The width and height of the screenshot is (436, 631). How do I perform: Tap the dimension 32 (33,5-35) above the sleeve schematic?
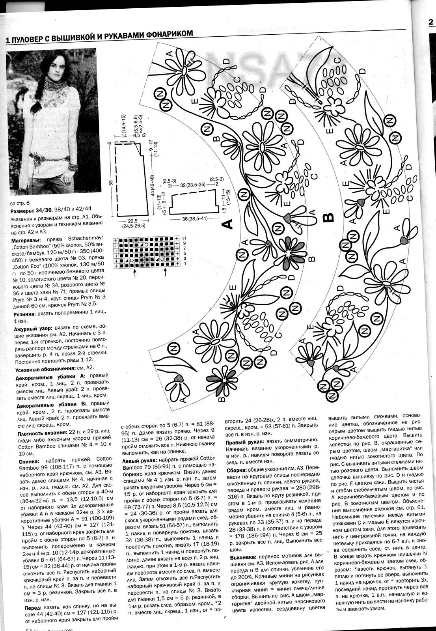[192, 185]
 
